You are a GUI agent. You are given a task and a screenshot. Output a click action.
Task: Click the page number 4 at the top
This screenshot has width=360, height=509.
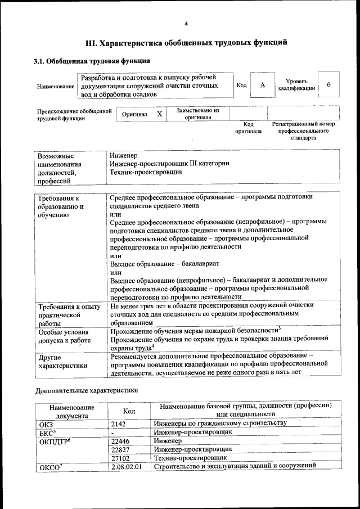coord(186,23)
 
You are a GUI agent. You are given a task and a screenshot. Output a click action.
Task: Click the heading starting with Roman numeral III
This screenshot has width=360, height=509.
coord(186,42)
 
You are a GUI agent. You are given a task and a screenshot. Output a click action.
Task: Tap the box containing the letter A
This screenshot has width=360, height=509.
coord(262,85)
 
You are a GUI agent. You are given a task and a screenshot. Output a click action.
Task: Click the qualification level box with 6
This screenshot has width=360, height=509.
coord(329,85)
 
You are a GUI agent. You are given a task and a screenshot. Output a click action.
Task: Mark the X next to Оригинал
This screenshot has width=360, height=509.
coord(159,114)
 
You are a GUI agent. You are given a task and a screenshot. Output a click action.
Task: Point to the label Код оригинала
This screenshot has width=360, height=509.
coord(248,128)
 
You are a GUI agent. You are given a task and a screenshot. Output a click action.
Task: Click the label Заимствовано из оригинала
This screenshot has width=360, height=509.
coord(197,114)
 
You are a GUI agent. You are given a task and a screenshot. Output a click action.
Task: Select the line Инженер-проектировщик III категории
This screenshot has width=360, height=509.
coord(169,164)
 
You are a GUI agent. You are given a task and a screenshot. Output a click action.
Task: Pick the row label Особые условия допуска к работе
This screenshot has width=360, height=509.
coord(64,336)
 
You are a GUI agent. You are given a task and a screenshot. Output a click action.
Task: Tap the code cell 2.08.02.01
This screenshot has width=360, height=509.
coord(126,467)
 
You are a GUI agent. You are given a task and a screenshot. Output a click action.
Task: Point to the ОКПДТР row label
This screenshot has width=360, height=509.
coord(55,442)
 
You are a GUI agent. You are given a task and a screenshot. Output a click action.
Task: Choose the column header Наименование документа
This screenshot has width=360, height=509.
coord(71,411)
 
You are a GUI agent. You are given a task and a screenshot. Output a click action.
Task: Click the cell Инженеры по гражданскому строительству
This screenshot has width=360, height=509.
coord(220,423)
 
